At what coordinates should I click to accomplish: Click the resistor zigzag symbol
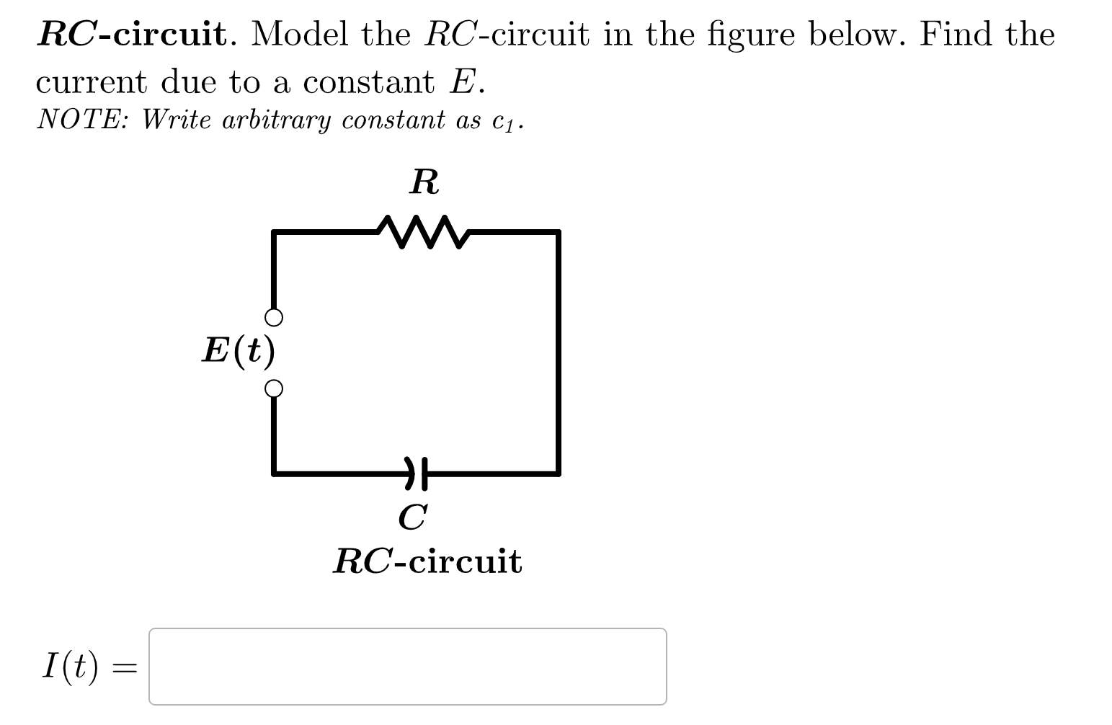(x=423, y=231)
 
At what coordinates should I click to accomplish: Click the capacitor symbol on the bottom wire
(x=417, y=473)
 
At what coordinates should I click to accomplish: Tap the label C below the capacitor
(x=413, y=516)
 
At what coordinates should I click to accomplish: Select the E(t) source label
(x=239, y=351)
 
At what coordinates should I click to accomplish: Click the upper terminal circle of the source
(x=273, y=317)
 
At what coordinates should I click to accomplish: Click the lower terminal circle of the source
(x=273, y=389)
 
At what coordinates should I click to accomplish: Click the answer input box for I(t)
(x=407, y=666)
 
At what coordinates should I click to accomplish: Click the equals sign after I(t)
(x=125, y=669)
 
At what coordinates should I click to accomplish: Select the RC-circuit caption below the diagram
(x=427, y=561)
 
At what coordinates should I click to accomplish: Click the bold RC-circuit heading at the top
(x=133, y=34)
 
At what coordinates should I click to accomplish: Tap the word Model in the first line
(x=301, y=34)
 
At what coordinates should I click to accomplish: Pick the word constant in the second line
(x=368, y=82)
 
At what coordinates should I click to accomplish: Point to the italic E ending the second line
(x=463, y=82)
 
